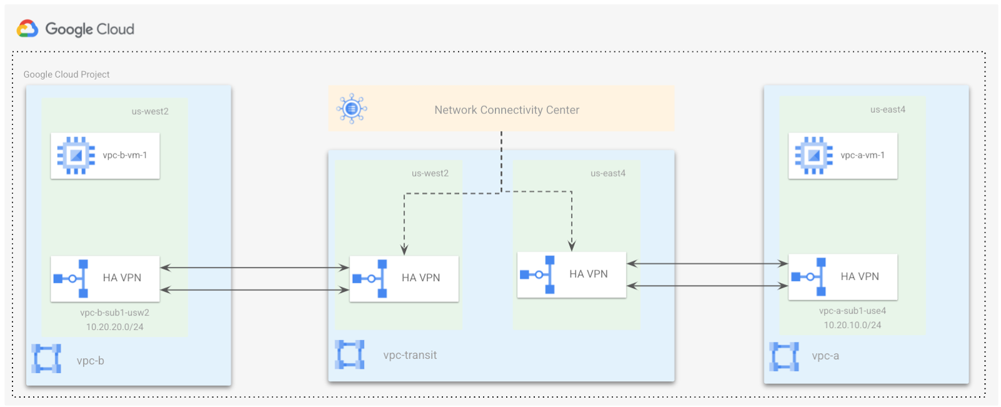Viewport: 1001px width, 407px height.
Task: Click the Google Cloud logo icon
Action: click(28, 29)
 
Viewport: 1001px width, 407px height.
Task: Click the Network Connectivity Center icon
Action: click(352, 109)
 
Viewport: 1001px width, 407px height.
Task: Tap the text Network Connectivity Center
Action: click(507, 110)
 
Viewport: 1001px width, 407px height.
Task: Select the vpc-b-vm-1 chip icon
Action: click(76, 155)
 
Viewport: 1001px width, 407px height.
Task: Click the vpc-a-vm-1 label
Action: click(862, 155)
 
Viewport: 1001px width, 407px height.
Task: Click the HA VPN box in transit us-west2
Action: click(404, 279)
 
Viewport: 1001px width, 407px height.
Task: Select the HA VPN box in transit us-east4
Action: click(571, 275)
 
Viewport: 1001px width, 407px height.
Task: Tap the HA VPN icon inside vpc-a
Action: click(809, 277)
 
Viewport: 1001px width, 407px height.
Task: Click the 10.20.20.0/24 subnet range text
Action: click(114, 327)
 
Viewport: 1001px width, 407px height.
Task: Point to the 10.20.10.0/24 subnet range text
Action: click(852, 325)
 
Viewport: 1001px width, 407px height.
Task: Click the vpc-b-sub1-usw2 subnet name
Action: click(114, 312)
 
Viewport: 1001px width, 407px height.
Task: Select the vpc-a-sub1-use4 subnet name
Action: click(852, 311)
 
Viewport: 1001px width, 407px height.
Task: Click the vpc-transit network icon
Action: click(349, 354)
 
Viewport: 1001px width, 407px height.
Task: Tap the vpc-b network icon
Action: click(46, 359)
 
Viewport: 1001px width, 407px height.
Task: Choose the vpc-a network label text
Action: click(825, 356)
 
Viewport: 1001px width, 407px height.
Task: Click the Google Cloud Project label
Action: click(66, 75)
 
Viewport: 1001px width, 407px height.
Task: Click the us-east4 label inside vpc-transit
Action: click(607, 173)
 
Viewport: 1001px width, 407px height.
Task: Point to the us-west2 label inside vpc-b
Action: click(150, 111)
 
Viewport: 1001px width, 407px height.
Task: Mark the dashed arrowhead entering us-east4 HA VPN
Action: click(572, 246)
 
